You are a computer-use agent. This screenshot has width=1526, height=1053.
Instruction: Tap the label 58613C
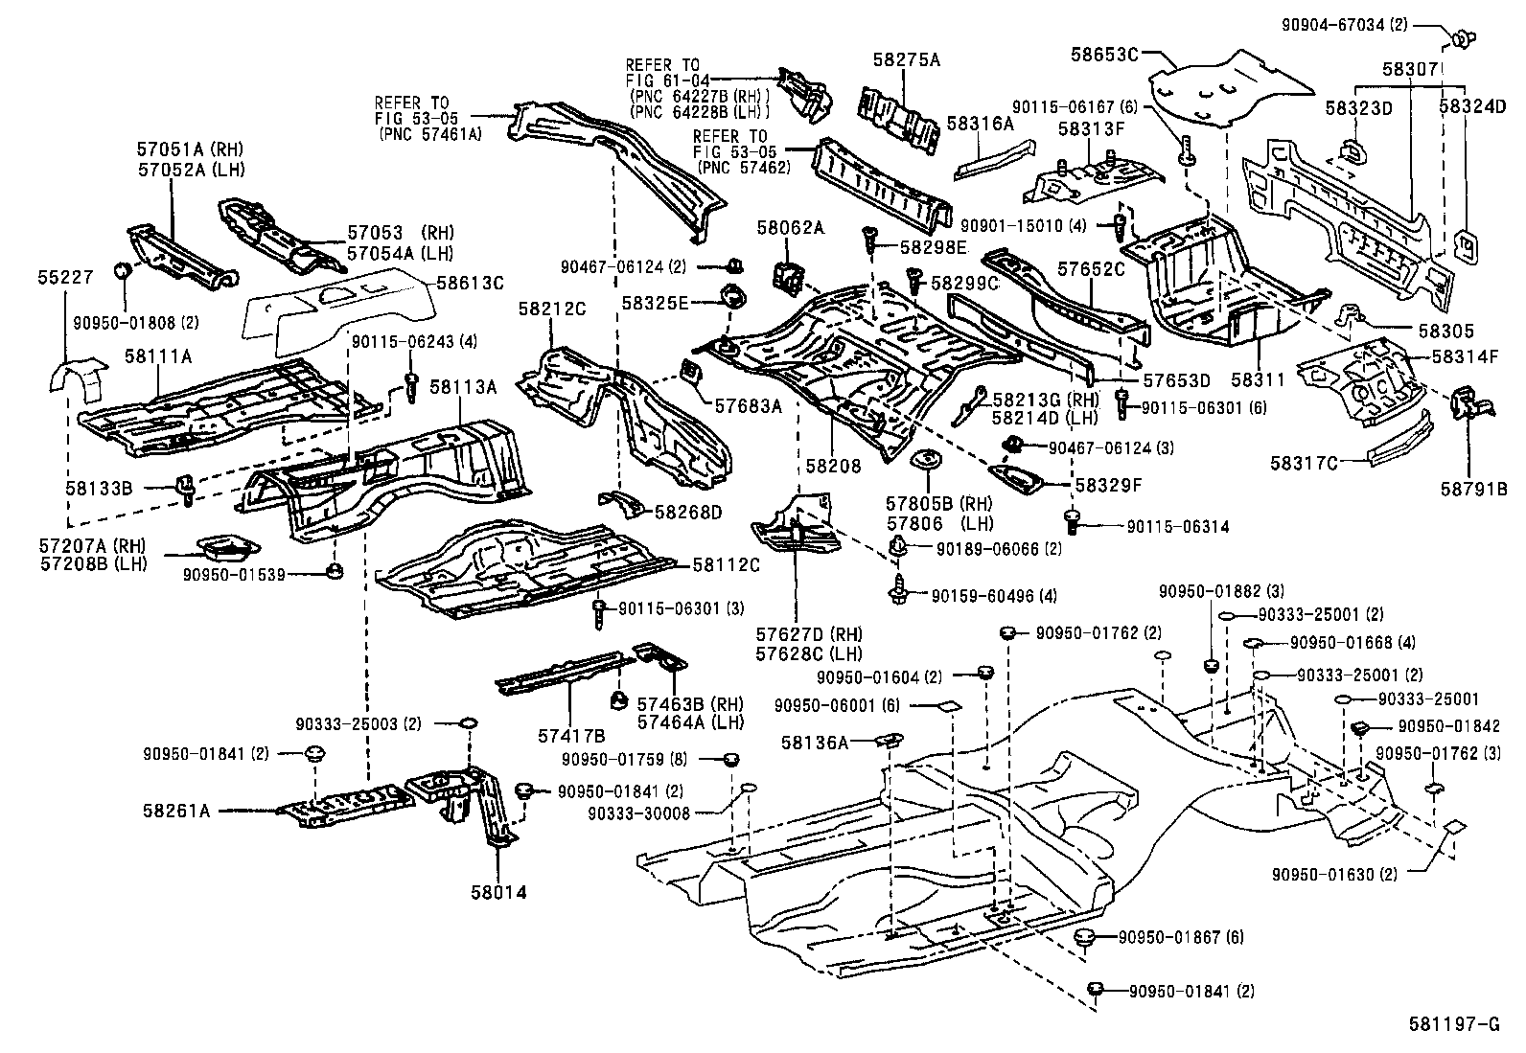coord(470,284)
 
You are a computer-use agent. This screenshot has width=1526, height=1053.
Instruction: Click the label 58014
coord(498,892)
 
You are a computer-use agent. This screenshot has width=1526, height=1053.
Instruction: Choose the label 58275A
coord(906,59)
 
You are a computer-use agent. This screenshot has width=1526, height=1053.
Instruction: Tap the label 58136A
coord(814,742)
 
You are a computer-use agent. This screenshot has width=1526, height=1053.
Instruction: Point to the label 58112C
coord(726,565)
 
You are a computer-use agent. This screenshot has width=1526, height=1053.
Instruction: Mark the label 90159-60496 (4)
coord(993,596)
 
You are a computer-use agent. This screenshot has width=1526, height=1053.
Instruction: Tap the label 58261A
coord(177,810)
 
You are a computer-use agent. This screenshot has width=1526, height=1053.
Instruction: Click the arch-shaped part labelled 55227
coord(76,378)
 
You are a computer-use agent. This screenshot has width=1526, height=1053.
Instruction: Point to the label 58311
coord(1259,380)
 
